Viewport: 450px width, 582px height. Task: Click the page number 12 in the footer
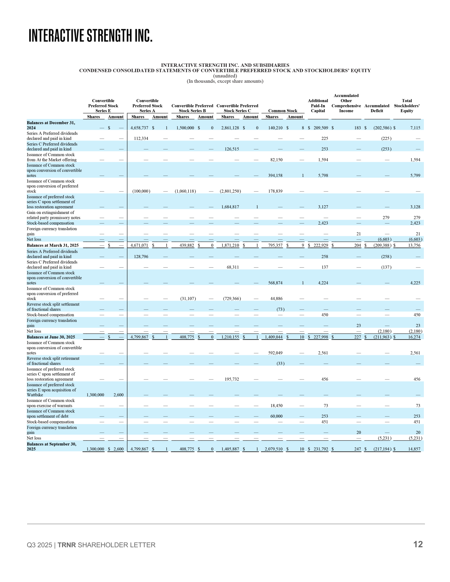coord(418,544)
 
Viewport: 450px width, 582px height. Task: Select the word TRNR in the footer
coord(67,545)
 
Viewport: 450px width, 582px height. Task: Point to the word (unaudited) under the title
coord(225,76)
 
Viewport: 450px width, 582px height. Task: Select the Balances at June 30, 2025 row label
coord(51,337)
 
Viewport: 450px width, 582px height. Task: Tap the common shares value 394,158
coord(275,176)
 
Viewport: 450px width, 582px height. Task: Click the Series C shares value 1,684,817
coord(230,207)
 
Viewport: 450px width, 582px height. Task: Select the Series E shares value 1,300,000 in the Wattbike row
coord(95,395)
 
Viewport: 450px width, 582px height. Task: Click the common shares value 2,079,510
coord(273,449)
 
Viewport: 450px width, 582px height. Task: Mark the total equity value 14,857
coord(414,449)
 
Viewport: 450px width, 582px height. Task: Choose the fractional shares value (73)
coord(280,309)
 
